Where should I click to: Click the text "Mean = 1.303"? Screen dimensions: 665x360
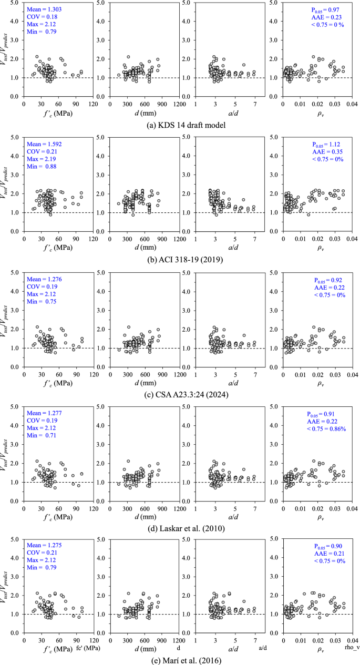pos(44,10)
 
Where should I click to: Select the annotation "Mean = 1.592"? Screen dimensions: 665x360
pos(44,145)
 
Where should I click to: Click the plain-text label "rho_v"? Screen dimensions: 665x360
pos(352,648)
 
